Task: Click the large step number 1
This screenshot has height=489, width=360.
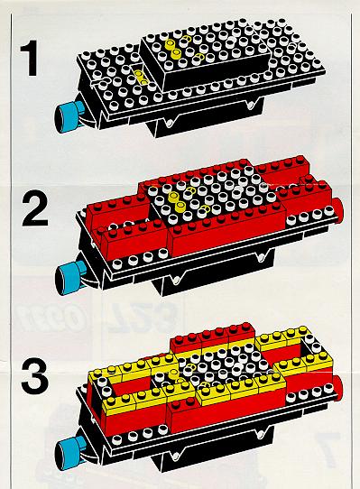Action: [29, 60]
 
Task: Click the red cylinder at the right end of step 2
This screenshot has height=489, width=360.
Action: [337, 209]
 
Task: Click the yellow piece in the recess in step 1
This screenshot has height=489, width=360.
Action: [140, 78]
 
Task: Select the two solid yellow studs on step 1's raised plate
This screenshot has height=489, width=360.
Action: [174, 49]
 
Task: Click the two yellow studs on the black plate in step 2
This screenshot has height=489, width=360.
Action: [176, 200]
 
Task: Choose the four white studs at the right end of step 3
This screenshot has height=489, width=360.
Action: [309, 393]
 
